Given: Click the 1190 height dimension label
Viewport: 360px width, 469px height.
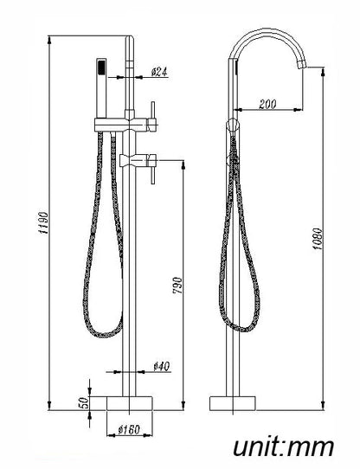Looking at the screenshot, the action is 43,223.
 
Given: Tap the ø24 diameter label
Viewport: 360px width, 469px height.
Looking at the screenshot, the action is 159,72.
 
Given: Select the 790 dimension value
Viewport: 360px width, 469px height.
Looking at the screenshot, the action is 177,285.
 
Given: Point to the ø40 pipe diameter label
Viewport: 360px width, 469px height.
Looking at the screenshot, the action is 162,366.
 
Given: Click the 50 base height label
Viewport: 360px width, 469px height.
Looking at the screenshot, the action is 86,402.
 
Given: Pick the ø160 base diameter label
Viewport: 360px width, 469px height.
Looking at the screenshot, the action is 129,429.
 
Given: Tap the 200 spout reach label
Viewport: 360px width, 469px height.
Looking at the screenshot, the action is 267,104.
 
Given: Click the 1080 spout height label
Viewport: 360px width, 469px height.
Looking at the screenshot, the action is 318,239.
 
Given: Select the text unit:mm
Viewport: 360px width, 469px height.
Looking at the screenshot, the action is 283,447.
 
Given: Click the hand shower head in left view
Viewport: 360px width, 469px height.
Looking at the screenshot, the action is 102,87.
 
